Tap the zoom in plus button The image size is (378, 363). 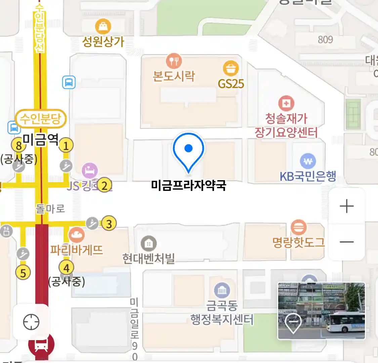347,206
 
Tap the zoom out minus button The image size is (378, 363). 347,242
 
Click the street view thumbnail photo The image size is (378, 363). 321,311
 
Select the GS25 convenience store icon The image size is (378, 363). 231,69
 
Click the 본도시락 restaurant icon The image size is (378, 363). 174,61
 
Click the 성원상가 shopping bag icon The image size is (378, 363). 103,26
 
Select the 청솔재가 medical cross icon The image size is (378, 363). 286,104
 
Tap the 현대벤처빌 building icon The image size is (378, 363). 149,244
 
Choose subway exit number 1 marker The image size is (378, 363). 66,146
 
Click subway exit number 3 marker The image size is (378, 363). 109,223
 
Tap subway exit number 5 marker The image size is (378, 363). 23,273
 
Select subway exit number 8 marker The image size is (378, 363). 18,146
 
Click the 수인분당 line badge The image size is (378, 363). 41,119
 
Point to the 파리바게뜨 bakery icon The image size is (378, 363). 76,235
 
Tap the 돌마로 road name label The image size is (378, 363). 50,209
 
